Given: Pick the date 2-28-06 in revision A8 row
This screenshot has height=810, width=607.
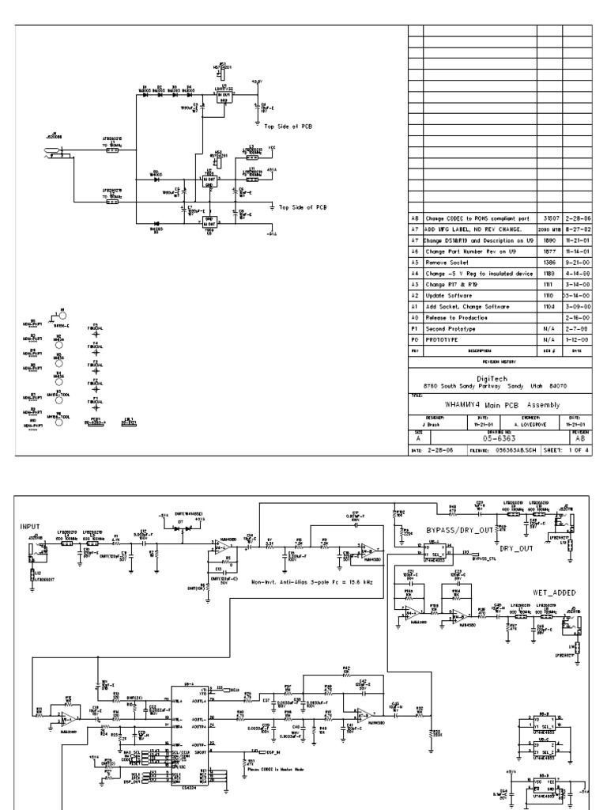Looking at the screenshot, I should click(x=576, y=217).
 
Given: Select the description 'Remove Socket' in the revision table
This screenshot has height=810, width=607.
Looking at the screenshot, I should click(x=447, y=261).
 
